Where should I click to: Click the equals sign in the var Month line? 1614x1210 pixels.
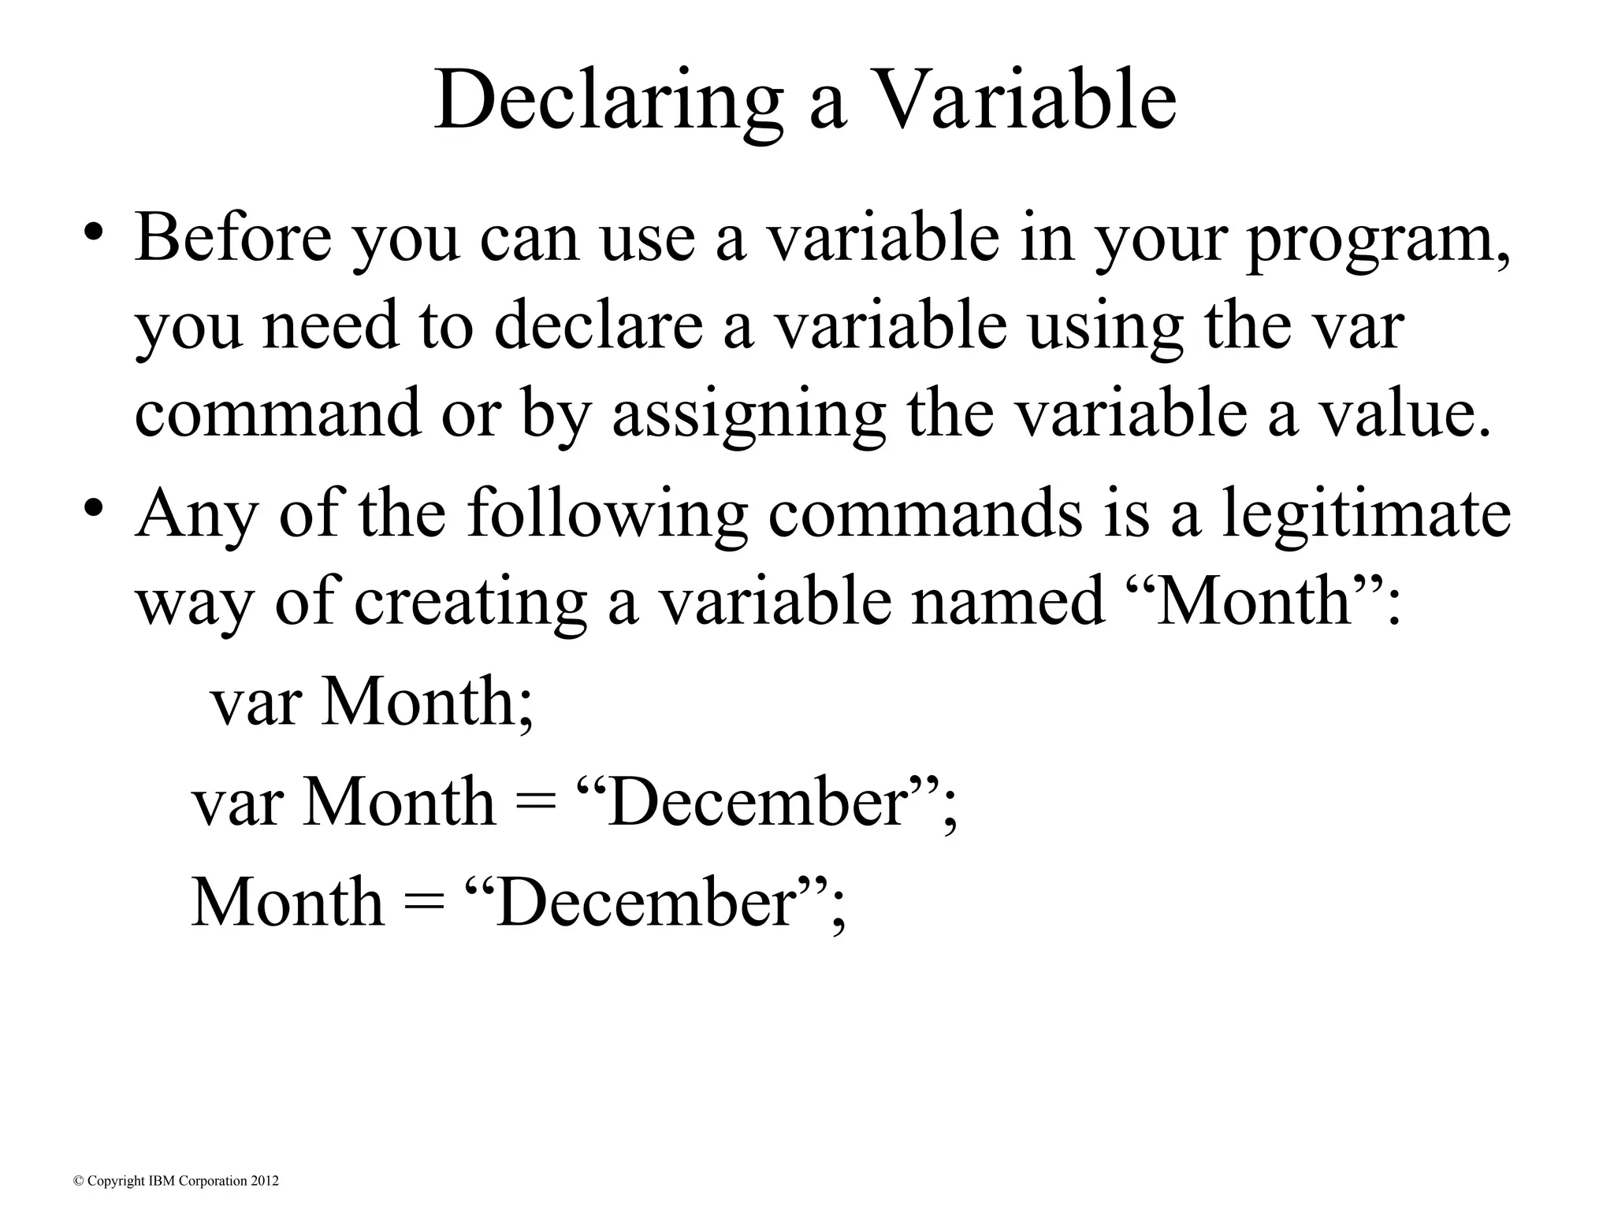[x=537, y=803]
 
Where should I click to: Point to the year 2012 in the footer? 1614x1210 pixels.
[x=265, y=1181]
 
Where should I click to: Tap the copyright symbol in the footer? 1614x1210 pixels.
[x=78, y=1181]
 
